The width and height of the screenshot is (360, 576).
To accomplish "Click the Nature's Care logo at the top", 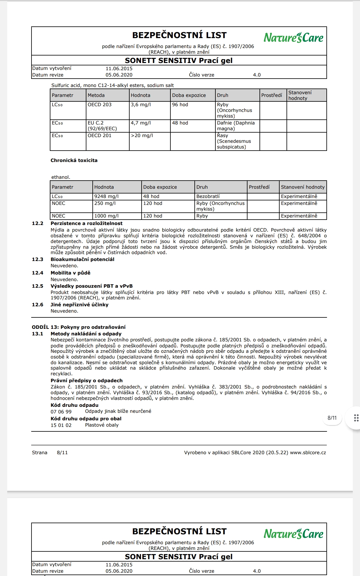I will [293, 38].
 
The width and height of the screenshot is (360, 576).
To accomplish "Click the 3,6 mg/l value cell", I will [141, 105].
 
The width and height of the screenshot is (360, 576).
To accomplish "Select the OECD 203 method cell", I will [100, 105].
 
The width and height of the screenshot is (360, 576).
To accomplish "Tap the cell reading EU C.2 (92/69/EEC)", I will [102, 126].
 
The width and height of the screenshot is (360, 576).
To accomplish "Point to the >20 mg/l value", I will [142, 136].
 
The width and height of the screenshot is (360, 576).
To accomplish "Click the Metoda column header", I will [96, 95].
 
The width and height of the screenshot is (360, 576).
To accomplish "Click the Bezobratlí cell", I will [208, 196].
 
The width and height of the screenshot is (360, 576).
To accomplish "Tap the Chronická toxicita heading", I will [74, 160].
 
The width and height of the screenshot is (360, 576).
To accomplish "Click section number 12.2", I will [37, 223].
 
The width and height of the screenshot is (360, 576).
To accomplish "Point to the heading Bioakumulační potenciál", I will [82, 259].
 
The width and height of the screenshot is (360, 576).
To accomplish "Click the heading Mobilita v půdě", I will [70, 273].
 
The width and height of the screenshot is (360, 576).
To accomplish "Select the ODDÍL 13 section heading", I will [79, 327].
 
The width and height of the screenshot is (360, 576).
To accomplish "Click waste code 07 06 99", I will [61, 412].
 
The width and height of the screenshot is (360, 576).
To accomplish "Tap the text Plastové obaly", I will [102, 425].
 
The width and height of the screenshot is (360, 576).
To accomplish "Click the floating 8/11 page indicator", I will [332, 418].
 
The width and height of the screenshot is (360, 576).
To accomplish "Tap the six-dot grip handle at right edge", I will [356, 418].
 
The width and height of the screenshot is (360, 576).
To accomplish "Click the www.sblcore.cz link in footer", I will [308, 453].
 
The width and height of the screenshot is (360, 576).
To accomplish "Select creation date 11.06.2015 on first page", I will [119, 69].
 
